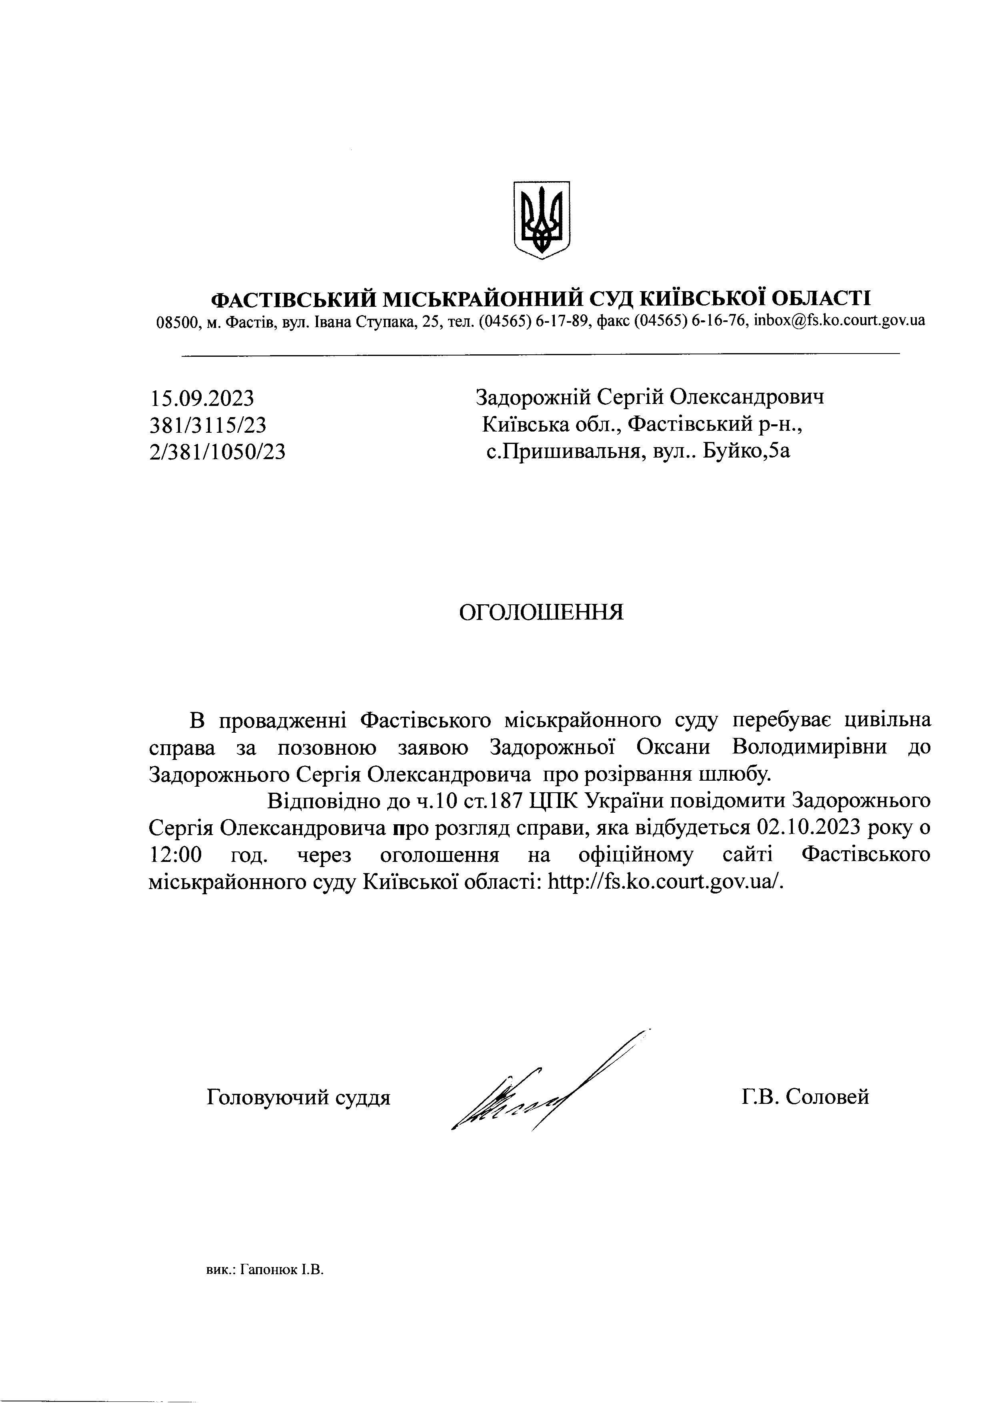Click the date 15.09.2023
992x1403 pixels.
pyautogui.click(x=202, y=398)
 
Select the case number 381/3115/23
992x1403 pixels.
pyautogui.click(x=208, y=425)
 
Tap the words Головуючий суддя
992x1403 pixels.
pyautogui.click(x=299, y=1097)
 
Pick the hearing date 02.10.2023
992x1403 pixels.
pyautogui.click(x=808, y=827)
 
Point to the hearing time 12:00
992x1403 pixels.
pyautogui.click(x=176, y=854)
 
